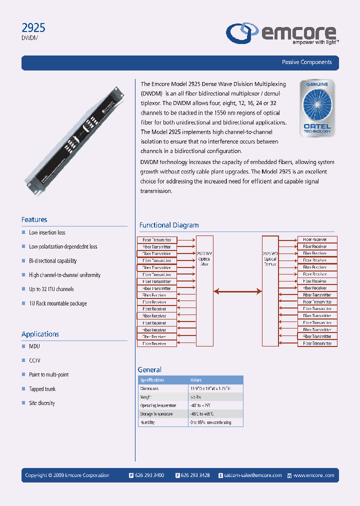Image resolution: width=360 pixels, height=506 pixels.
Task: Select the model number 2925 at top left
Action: (33, 28)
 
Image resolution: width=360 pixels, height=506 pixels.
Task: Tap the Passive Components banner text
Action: (306, 62)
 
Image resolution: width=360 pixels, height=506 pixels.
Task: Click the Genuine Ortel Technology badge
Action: (316, 108)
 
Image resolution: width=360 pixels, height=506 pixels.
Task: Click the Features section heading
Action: (34, 219)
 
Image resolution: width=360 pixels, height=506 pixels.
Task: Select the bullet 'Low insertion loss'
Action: (47, 232)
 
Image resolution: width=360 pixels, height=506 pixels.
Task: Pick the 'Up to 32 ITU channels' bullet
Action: (51, 289)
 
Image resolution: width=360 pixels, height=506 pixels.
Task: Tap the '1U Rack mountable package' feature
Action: (57, 303)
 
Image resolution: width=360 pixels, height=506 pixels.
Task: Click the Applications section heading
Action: (40, 334)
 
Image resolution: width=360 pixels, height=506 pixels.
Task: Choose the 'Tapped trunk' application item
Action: (42, 389)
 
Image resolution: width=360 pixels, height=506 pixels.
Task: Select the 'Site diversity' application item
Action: (42, 403)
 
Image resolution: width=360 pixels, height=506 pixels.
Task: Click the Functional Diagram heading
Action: (168, 225)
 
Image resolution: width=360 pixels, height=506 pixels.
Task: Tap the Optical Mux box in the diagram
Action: (204, 290)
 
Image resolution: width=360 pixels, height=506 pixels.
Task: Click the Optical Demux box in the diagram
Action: (270, 290)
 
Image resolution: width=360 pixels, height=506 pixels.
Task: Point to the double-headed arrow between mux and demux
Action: (237, 290)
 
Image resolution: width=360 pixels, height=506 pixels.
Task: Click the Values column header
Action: (196, 380)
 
